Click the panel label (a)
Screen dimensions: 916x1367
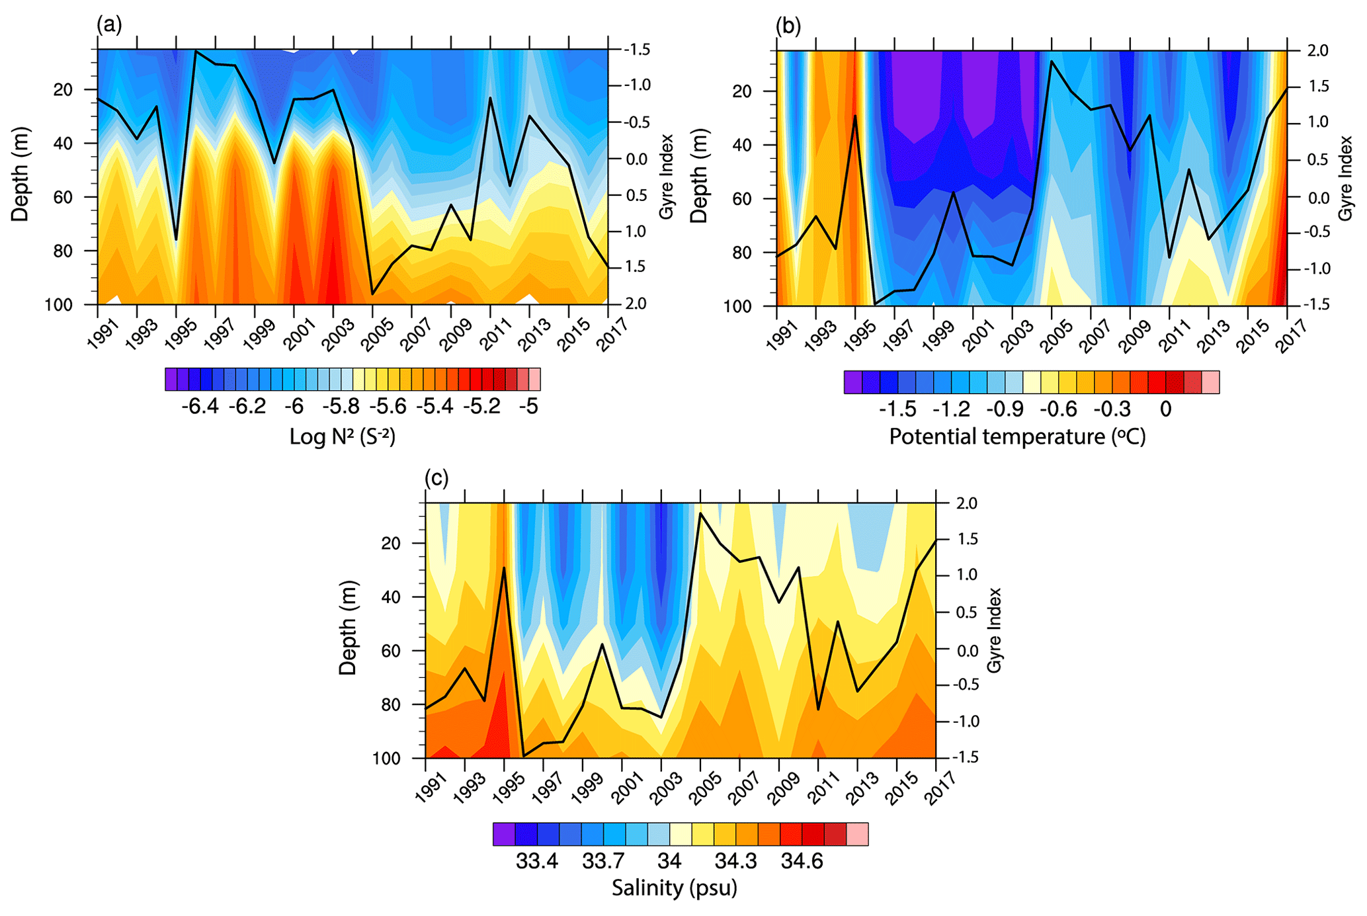(109, 26)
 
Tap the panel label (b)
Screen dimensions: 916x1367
(788, 26)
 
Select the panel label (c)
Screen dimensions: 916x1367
(436, 478)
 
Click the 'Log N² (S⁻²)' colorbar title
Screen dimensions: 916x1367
(342, 437)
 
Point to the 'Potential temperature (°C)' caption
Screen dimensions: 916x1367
(1017, 437)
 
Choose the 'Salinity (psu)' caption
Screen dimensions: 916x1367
(674, 888)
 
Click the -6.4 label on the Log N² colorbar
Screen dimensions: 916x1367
(200, 407)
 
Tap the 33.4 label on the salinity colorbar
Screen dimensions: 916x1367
(537, 861)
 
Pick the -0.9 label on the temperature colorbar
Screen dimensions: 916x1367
(1005, 409)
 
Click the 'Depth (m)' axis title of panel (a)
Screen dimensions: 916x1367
(20, 175)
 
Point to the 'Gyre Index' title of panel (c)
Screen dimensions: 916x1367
(994, 630)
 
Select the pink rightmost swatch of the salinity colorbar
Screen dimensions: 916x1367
(858, 834)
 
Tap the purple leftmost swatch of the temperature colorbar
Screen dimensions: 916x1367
(853, 382)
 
